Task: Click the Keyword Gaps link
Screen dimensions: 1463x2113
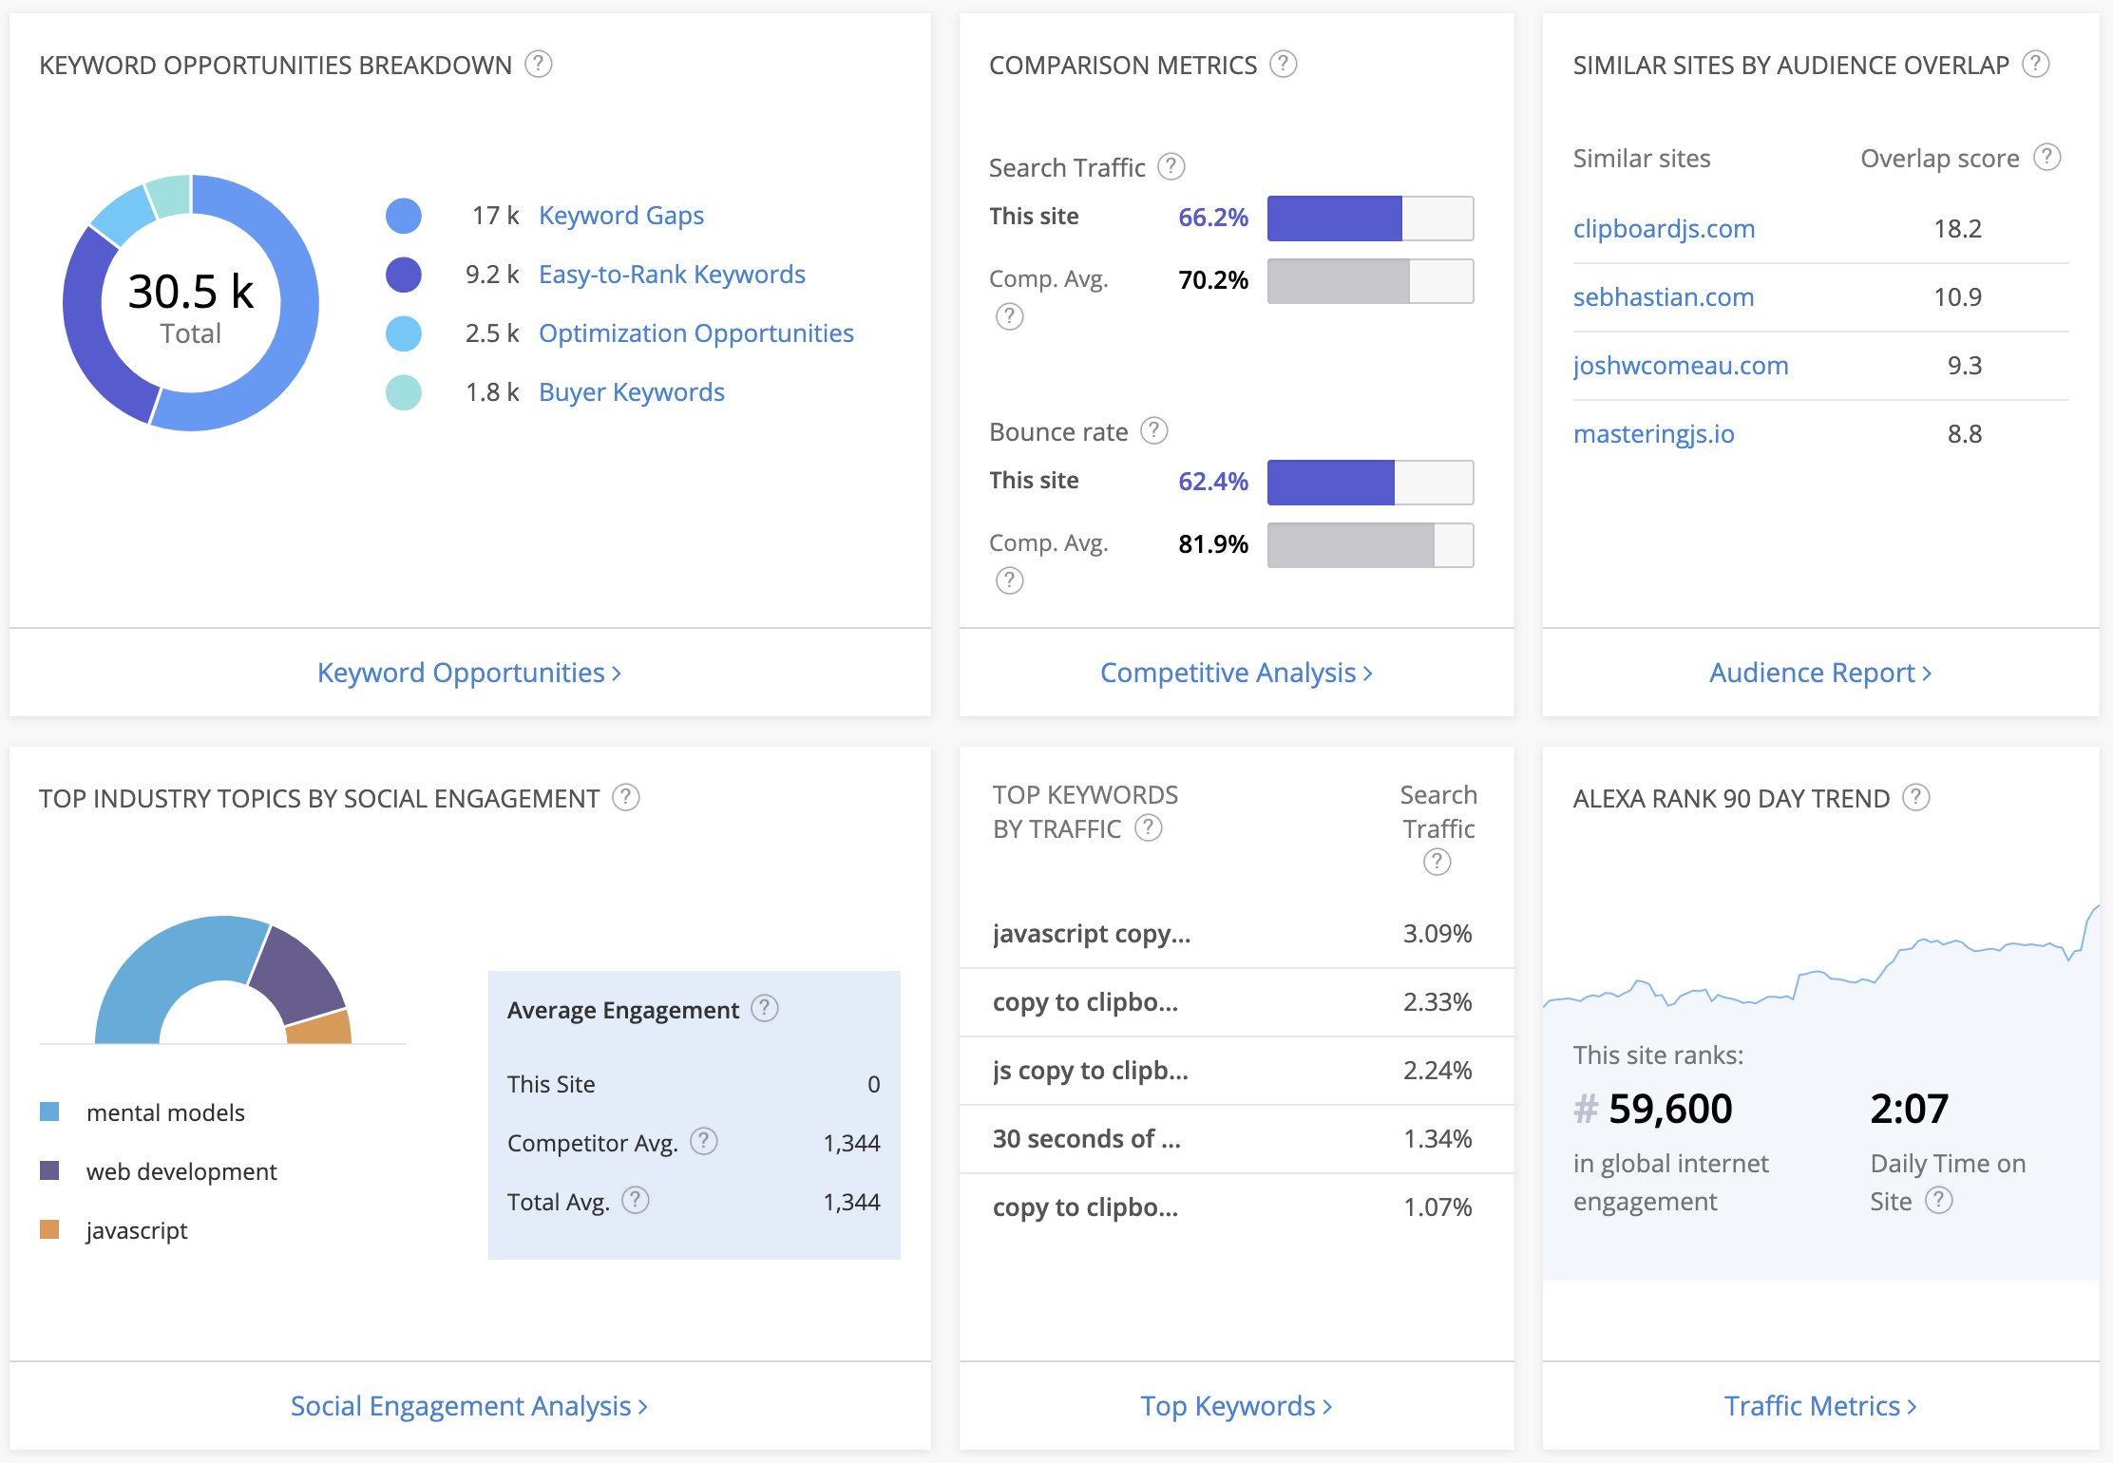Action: pos(620,216)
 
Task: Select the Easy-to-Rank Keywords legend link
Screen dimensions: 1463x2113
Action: pos(671,275)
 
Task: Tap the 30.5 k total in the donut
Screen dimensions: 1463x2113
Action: pos(191,292)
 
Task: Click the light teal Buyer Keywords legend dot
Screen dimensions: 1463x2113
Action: pos(404,392)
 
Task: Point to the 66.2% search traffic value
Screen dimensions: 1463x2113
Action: pos(1212,218)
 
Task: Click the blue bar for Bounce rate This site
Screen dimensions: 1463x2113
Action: pos(1330,483)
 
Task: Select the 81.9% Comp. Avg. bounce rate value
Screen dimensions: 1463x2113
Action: pos(1212,544)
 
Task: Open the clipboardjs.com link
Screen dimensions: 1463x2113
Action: pos(1663,229)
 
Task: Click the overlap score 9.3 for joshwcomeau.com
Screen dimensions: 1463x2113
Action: pos(1964,366)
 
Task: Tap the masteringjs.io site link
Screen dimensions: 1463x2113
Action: pos(1653,434)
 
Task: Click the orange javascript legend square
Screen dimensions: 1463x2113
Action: pos(49,1229)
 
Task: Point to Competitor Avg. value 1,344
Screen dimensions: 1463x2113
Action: pos(851,1143)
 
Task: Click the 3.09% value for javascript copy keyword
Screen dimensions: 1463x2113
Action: pos(1437,934)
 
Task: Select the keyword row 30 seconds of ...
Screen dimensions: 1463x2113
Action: pos(1086,1139)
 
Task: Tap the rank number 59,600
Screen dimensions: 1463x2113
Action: pos(1669,1109)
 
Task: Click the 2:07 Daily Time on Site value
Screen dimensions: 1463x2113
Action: pos(1909,1109)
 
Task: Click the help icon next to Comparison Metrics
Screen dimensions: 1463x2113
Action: pos(1283,64)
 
